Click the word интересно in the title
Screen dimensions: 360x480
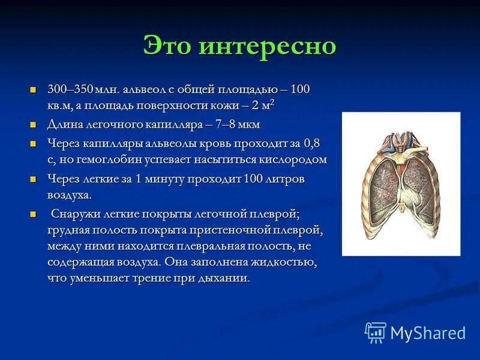coord(269,46)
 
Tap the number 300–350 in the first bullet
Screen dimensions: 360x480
coord(70,90)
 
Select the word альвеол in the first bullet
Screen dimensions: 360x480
coord(145,90)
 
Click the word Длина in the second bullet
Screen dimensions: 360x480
coord(65,125)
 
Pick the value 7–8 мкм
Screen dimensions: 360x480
coord(236,125)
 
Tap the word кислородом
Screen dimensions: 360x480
coord(293,160)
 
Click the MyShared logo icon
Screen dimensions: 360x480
coord(375,332)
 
